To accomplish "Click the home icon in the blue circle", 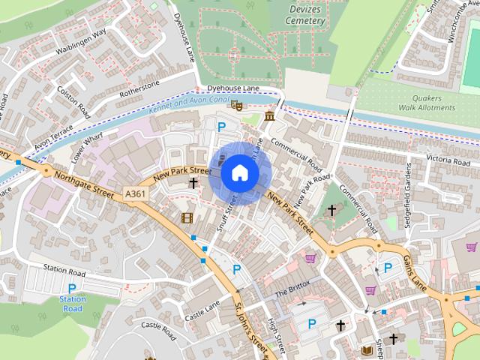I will click(239, 173).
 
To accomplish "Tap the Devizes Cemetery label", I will click(305, 14).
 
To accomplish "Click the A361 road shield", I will click(136, 193).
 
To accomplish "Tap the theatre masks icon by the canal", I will click(236, 106).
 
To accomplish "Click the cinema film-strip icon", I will click(187, 217).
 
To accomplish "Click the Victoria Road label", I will click(427, 159).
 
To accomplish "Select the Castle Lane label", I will click(203, 308).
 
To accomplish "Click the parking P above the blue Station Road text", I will click(73, 288).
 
